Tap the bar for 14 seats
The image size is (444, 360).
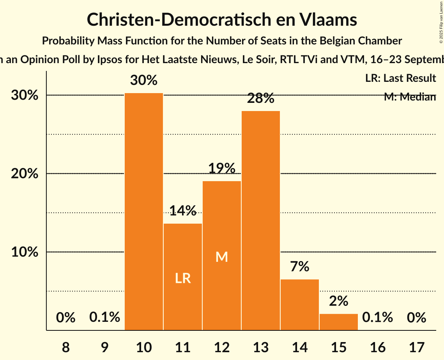pyautogui.click(x=300, y=305)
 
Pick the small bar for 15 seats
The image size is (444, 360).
pyautogui.click(x=339, y=322)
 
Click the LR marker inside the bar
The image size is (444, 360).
pyautogui.click(x=183, y=278)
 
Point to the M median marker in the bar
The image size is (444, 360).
pyautogui.click(x=222, y=257)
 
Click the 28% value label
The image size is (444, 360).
pyautogui.click(x=261, y=99)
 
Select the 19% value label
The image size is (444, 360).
pyautogui.click(x=222, y=168)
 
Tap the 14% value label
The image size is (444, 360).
pyautogui.click(x=183, y=211)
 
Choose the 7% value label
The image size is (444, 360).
pyautogui.click(x=300, y=266)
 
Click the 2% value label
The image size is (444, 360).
pyautogui.click(x=339, y=301)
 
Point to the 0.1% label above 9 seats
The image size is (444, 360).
pyautogui.click(x=104, y=318)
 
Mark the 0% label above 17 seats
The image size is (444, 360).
pyautogui.click(x=416, y=318)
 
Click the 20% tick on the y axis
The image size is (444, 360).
pyautogui.click(x=25, y=174)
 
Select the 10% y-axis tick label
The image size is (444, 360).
pyautogui.click(x=25, y=252)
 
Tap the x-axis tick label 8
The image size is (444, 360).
pyautogui.click(x=65, y=345)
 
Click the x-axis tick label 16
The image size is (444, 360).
pyautogui.click(x=377, y=345)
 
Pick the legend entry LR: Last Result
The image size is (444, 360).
pyautogui.click(x=400, y=78)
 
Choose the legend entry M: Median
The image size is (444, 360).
pyautogui.click(x=410, y=97)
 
